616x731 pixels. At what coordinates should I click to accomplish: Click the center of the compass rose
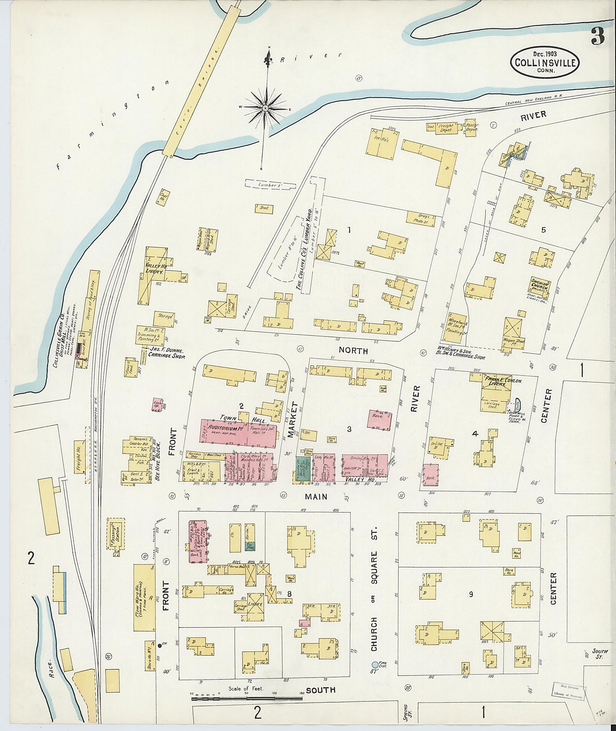click(266, 108)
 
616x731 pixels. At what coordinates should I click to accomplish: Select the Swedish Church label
click(539, 284)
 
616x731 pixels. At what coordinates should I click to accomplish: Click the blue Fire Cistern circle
click(375, 664)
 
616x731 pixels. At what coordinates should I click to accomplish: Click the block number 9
click(471, 594)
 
